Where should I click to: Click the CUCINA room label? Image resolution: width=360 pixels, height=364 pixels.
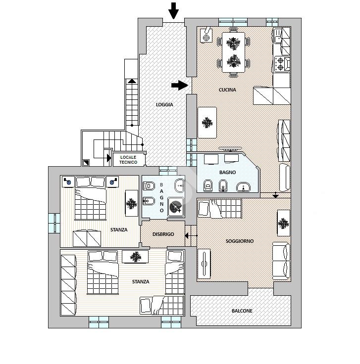click(x=227, y=90)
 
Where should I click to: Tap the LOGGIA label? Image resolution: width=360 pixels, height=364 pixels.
click(x=164, y=104)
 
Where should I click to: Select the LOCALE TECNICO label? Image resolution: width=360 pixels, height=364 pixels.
click(x=128, y=159)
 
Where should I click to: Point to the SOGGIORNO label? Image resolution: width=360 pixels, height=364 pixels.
click(x=239, y=241)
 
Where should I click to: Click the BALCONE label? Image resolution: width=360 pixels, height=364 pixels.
click(x=242, y=311)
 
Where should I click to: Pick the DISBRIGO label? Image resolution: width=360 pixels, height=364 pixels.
click(x=163, y=234)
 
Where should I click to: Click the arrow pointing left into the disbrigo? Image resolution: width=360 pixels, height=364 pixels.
click(x=189, y=235)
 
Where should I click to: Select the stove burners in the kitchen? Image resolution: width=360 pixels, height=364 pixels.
click(x=281, y=63)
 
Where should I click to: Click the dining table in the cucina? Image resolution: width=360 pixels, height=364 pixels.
click(x=233, y=52)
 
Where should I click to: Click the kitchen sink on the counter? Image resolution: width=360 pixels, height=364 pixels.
click(x=279, y=36)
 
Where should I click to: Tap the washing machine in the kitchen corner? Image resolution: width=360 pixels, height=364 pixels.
click(x=206, y=36)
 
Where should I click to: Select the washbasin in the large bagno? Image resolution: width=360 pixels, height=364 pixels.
click(x=243, y=186)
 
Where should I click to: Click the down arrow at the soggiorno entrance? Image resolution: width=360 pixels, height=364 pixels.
click(x=276, y=195)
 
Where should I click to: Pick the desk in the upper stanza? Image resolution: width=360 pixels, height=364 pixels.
click(x=131, y=203)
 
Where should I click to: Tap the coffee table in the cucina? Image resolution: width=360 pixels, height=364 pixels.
click(x=207, y=122)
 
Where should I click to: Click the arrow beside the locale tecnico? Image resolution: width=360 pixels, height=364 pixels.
click(x=108, y=159)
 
